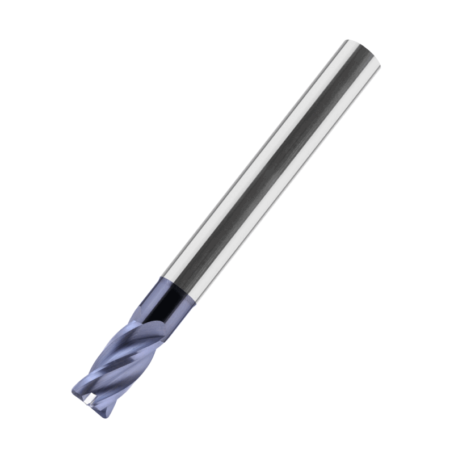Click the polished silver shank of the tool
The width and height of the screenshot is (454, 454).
click(x=272, y=170)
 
